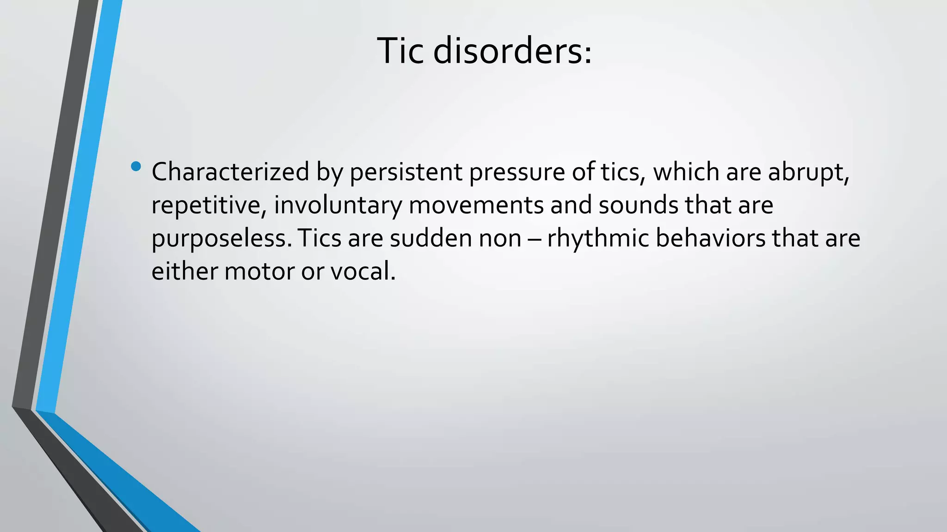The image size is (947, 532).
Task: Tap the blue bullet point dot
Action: pos(136,166)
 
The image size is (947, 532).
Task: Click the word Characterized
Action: pos(230,172)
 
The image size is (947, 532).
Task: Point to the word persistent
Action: pos(406,172)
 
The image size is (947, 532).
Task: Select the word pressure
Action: pos(517,173)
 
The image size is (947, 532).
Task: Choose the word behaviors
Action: pos(710,238)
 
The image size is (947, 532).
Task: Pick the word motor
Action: pos(259,272)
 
